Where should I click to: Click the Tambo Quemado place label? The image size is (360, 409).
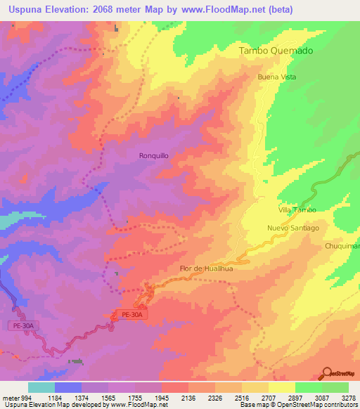point(276,51)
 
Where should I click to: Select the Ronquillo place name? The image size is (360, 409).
point(153,156)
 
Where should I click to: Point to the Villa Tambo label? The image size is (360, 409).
point(297,210)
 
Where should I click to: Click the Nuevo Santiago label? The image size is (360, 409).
point(292,228)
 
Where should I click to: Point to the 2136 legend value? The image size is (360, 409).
point(188,396)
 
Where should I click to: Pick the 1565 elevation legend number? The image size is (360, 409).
point(108,396)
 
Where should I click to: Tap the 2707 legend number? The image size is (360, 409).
point(269,396)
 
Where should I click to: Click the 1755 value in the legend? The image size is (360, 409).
point(135,396)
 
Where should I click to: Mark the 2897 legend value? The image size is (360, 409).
point(295,396)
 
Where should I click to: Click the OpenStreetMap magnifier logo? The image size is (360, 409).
point(328,374)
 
